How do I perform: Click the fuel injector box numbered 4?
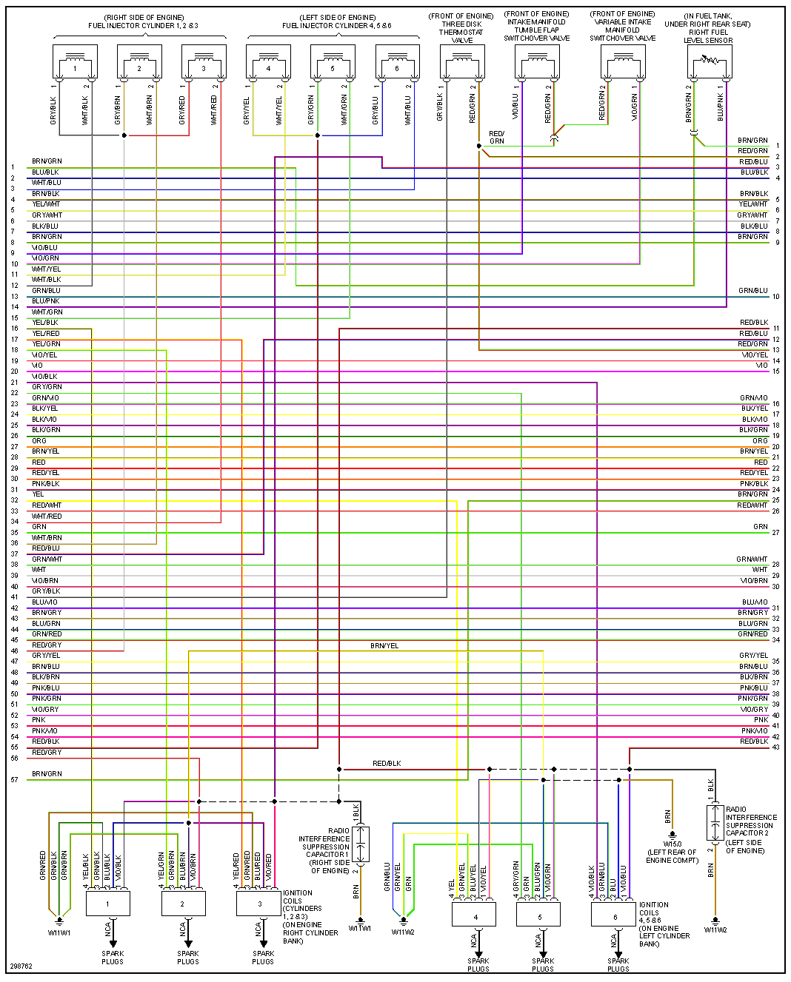pyautogui.click(x=268, y=62)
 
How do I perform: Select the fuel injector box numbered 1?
pyautogui.click(x=75, y=62)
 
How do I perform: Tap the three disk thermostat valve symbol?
pyautogui.click(x=462, y=62)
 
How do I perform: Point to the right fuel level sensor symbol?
pyautogui.click(x=709, y=62)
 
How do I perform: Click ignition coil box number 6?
pyautogui.click(x=614, y=915)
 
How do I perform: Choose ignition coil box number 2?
pyautogui.click(x=182, y=904)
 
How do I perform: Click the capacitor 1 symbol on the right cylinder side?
pyautogui.click(x=361, y=844)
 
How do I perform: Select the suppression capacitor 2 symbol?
pyautogui.click(x=715, y=822)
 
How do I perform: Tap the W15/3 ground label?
pyautogui.click(x=672, y=844)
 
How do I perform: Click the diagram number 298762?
pyautogui.click(x=21, y=966)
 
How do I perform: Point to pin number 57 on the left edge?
pyautogui.click(x=14, y=779)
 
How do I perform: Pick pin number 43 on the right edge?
pyautogui.click(x=775, y=747)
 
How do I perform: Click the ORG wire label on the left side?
pyautogui.click(x=39, y=440)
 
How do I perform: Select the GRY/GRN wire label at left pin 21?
pyautogui.click(x=47, y=386)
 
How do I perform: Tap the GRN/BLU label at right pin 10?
pyautogui.click(x=752, y=291)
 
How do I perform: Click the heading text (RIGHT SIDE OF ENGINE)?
pyautogui.click(x=144, y=17)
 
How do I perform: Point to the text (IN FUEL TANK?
pyautogui.click(x=709, y=16)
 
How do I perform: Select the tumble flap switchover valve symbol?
pyautogui.click(x=537, y=62)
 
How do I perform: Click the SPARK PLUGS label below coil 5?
pyautogui.click(x=543, y=964)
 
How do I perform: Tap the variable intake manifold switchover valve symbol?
pyautogui.click(x=623, y=62)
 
